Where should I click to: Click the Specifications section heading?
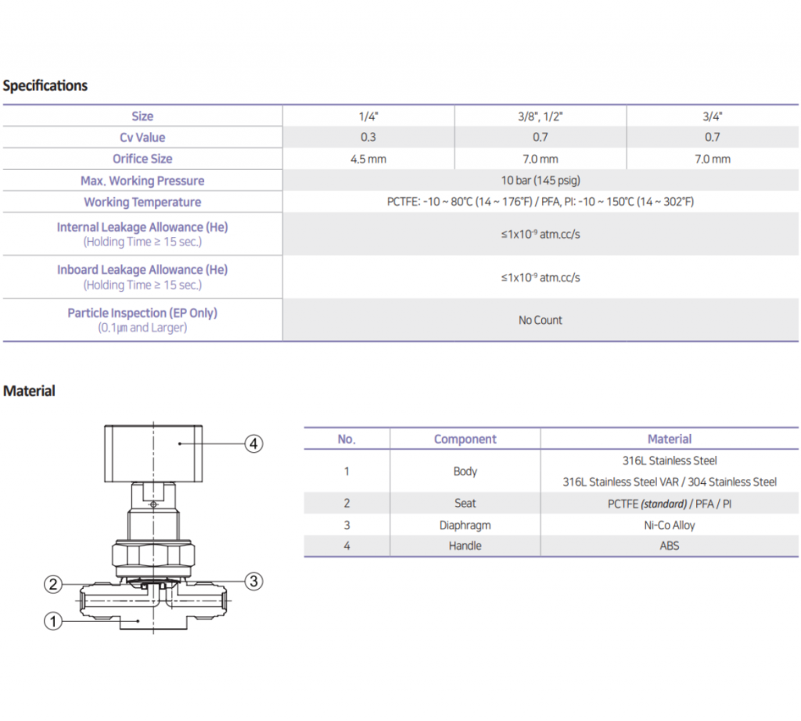pos(45,85)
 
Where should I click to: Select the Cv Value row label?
pos(142,138)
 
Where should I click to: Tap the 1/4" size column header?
pos(368,117)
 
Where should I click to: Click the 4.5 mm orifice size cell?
pos(368,159)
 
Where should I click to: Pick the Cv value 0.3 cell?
pos(368,138)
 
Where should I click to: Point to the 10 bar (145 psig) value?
pos(541,181)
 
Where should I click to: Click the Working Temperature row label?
pos(142,202)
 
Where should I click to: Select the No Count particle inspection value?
pos(541,320)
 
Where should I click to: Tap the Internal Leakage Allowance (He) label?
pos(142,228)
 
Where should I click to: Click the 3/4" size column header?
pos(712,117)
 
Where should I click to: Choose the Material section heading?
pos(30,390)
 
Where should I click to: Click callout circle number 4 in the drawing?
pos(253,444)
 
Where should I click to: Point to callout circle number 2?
pos(52,584)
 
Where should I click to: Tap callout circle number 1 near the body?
pos(52,622)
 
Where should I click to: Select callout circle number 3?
pos(253,581)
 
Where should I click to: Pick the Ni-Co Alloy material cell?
pos(670,525)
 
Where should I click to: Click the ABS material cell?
pos(670,546)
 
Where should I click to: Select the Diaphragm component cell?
pos(465,525)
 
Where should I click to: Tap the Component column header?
pos(465,439)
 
